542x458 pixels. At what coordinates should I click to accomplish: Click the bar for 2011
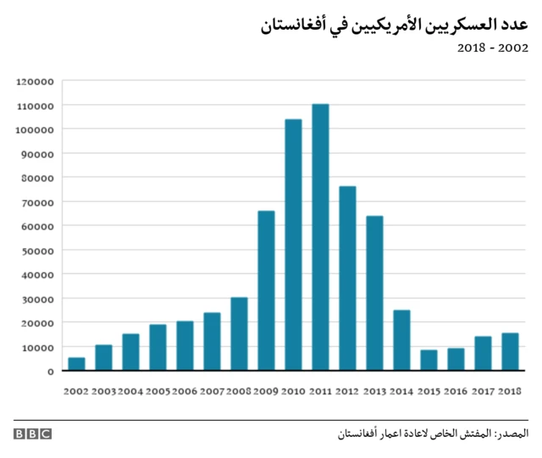click(x=320, y=237)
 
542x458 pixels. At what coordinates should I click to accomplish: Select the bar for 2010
click(x=293, y=245)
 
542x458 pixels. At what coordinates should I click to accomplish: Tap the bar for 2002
click(x=76, y=364)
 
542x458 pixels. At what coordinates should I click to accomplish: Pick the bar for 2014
click(x=401, y=340)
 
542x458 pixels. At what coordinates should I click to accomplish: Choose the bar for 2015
click(x=429, y=360)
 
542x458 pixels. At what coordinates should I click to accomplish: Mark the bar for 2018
click(x=510, y=352)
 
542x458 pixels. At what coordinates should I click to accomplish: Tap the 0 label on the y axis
click(x=51, y=371)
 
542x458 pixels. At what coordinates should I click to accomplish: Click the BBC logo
click(x=32, y=433)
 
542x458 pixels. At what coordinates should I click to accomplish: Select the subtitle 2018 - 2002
click(x=493, y=48)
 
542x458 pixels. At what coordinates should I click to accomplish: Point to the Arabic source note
click(x=432, y=433)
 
